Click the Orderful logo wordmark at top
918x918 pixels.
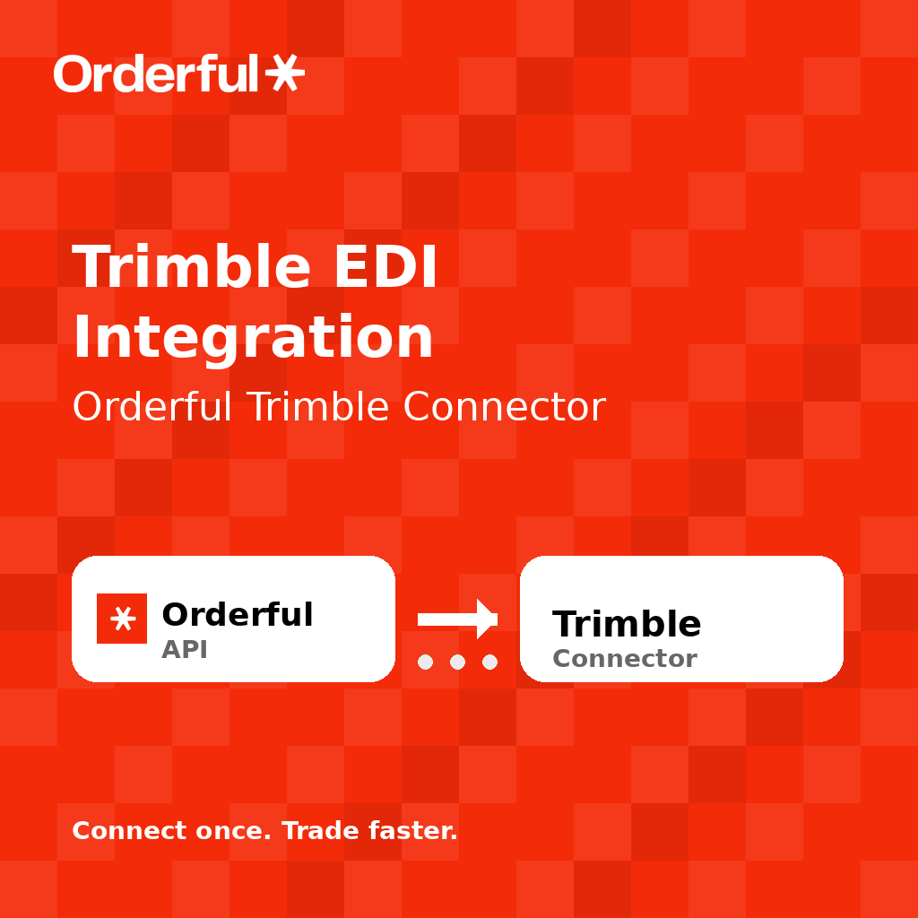coord(157,74)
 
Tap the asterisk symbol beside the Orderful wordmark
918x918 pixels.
coord(284,73)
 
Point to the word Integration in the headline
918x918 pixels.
coord(253,339)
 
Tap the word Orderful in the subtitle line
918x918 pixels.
coord(152,407)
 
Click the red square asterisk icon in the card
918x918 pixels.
coord(122,619)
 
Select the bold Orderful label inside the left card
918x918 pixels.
coord(237,615)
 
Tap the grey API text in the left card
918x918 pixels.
coord(184,650)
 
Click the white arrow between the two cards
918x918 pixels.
coord(457,619)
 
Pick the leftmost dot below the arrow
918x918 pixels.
coord(426,662)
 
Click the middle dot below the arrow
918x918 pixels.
coord(457,662)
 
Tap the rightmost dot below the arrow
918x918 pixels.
coord(489,662)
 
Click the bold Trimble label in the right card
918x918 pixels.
coord(627,624)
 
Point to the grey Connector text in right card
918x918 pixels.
coord(624,659)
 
